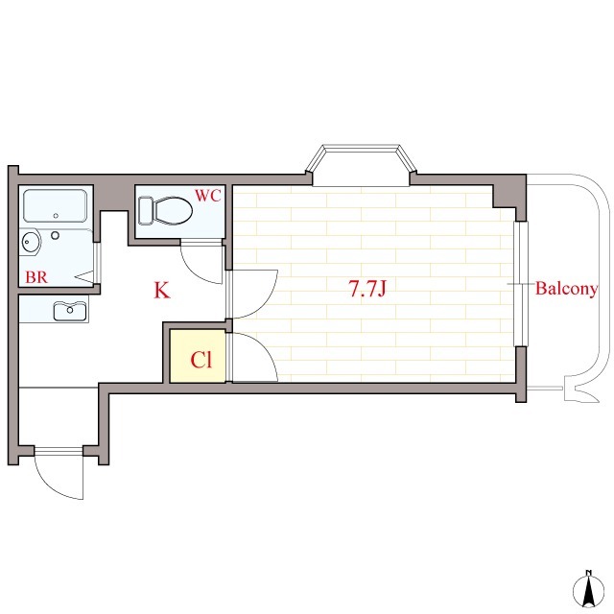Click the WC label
[x=208, y=196]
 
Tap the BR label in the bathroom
[x=36, y=277]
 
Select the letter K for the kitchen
[x=162, y=291]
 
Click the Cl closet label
[x=201, y=360]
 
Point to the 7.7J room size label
[x=367, y=289]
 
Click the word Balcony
[x=566, y=289]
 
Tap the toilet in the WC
[x=166, y=210]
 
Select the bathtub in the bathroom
[x=56, y=206]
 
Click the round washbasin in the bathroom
[x=31, y=242]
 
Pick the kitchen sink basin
[x=70, y=311]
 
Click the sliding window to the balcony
[x=521, y=284]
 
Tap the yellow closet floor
[x=198, y=356]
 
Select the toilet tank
[x=146, y=211]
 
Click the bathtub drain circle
[x=56, y=216]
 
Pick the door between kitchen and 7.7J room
[x=250, y=294]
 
